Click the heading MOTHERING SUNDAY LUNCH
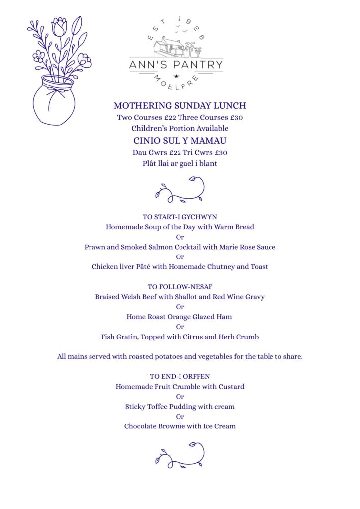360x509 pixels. pyautogui.click(x=180, y=106)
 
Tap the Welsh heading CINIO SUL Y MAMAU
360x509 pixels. pyautogui.click(x=180, y=140)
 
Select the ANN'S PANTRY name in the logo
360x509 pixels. pyautogui.click(x=176, y=65)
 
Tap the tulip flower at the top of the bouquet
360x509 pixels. pyautogui.click(x=59, y=28)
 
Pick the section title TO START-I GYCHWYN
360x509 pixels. pyautogui.click(x=180, y=217)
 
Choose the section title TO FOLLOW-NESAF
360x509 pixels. pyautogui.click(x=180, y=287)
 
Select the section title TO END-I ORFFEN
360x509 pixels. pyautogui.click(x=180, y=376)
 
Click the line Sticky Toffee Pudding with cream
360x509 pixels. pyautogui.click(x=180, y=406)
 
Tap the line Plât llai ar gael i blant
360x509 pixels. pyautogui.click(x=180, y=163)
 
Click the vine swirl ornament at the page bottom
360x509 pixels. pyautogui.click(x=180, y=455)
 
